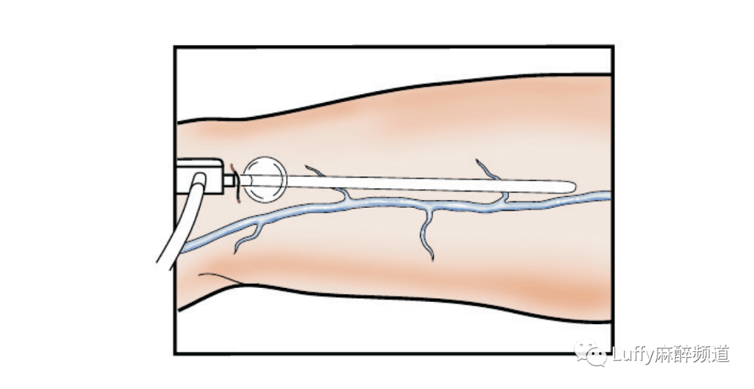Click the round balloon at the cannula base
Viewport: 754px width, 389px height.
(x=265, y=176)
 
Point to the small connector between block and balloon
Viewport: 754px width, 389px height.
(x=228, y=180)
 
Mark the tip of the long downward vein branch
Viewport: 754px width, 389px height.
(x=433, y=260)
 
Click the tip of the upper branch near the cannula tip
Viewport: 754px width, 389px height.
(x=479, y=162)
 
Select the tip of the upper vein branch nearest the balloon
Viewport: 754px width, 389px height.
(x=307, y=167)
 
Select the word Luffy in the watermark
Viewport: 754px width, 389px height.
(x=632, y=355)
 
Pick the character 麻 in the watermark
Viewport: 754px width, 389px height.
(x=663, y=355)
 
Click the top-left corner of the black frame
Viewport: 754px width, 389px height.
(x=175, y=47)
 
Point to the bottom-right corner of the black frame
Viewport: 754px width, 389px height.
(x=612, y=353)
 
